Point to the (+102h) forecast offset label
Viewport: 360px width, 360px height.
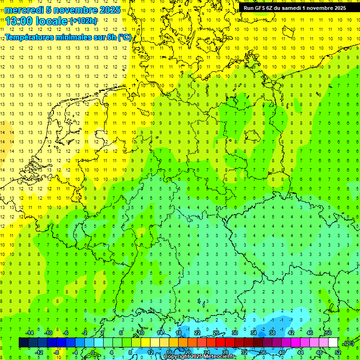click(83, 21)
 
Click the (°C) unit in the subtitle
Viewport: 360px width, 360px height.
click(124, 37)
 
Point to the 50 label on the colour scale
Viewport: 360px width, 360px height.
click(328, 333)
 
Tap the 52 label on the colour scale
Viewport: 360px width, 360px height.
click(337, 352)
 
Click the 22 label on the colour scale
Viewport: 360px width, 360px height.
click(197, 333)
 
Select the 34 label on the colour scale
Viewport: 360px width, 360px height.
click(254, 333)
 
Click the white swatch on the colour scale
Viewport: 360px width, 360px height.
click(333, 343)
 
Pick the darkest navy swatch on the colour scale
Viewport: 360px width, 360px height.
click(23, 343)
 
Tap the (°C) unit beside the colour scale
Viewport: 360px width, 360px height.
click(348, 343)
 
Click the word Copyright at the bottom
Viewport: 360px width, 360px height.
click(178, 357)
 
